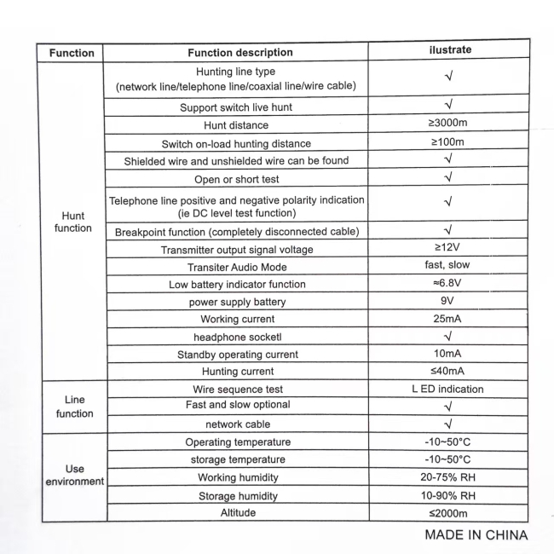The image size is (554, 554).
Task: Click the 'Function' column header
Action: [72, 53]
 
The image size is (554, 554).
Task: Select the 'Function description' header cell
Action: [239, 53]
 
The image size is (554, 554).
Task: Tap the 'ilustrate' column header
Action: [449, 50]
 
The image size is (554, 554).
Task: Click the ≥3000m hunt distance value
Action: [448, 124]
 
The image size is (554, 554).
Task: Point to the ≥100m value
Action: [448, 142]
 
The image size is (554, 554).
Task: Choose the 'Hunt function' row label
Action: [72, 222]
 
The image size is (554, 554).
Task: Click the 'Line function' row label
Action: [74, 407]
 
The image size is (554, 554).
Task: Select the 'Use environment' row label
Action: [74, 475]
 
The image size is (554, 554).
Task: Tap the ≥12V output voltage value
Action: [447, 248]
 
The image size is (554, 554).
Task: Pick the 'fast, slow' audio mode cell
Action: [447, 265]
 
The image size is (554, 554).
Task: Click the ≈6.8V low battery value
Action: [447, 283]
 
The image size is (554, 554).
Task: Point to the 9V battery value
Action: [447, 301]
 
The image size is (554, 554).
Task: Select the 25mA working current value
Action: [447, 319]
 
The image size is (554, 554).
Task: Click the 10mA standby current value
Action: [447, 354]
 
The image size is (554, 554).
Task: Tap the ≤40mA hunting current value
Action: [447, 371]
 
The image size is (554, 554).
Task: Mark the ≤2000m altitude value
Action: [447, 512]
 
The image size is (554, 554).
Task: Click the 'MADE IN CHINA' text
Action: [476, 535]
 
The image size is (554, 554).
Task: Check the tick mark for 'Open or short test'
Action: [448, 177]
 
